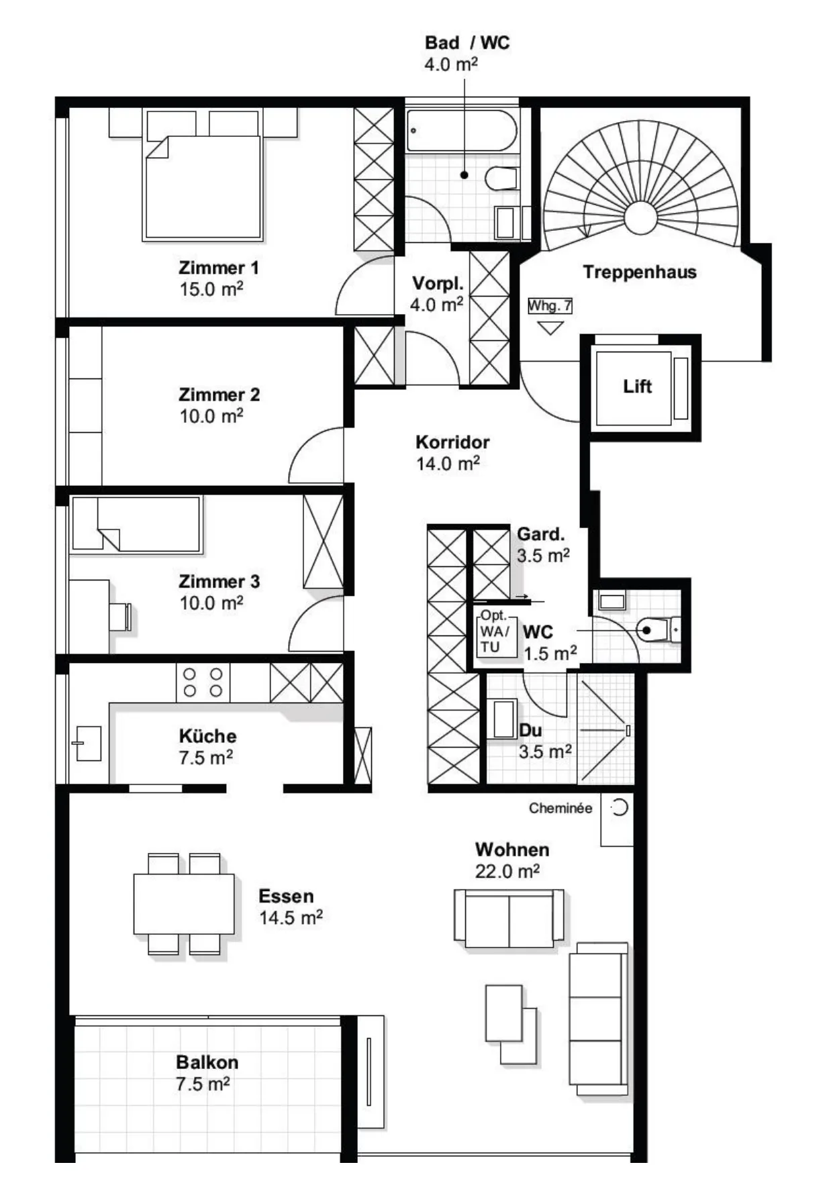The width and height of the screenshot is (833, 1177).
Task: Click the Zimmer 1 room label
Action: [218, 268]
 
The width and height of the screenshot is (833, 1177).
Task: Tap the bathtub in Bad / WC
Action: [462, 130]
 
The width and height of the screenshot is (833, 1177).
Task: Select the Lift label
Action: [637, 387]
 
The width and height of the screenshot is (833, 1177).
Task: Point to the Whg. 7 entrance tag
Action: [550, 306]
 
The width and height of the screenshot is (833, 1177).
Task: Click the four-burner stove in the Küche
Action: [203, 682]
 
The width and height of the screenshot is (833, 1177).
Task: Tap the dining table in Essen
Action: [184, 904]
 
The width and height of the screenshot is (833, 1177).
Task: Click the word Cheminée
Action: [560, 808]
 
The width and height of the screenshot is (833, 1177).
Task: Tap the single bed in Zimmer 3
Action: [136, 524]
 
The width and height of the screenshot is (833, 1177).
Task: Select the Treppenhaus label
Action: [640, 272]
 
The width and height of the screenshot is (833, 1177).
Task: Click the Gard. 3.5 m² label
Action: [543, 545]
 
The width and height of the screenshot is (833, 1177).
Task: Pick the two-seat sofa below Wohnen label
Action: [509, 918]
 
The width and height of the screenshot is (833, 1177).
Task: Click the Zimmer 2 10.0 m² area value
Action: [211, 416]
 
